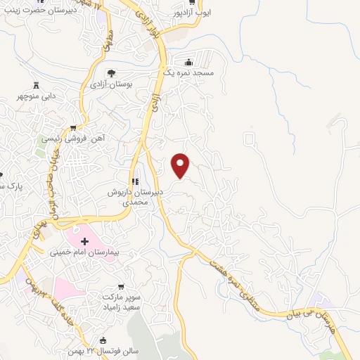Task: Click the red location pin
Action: tap(181, 165)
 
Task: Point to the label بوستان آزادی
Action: tap(108, 84)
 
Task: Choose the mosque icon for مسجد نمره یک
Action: tap(188, 62)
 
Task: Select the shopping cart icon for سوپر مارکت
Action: tap(122, 286)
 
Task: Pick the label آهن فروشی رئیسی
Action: tap(73, 139)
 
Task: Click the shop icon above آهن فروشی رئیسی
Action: tap(72, 128)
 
